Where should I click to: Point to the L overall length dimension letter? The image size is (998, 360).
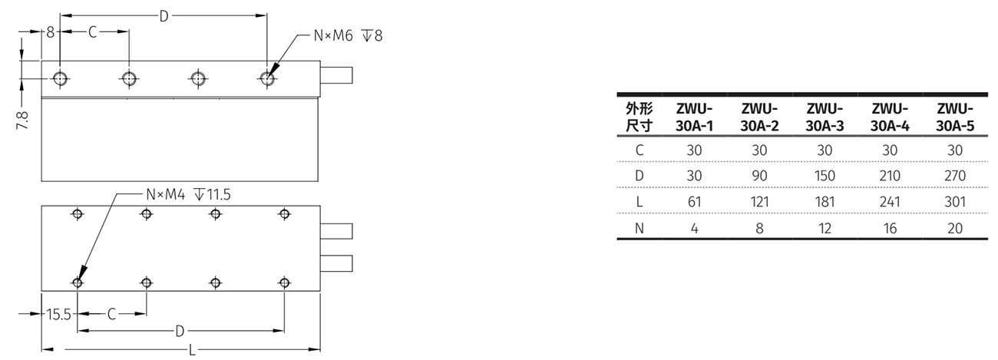pos(191,350)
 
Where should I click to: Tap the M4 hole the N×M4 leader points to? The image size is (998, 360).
pos(77,282)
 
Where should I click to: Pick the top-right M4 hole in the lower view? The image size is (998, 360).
pos(285,213)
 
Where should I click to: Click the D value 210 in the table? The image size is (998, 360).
pos(890,176)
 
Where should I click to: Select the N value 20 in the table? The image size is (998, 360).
pos(955,228)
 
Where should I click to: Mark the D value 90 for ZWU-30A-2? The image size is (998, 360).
pos(759,176)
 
